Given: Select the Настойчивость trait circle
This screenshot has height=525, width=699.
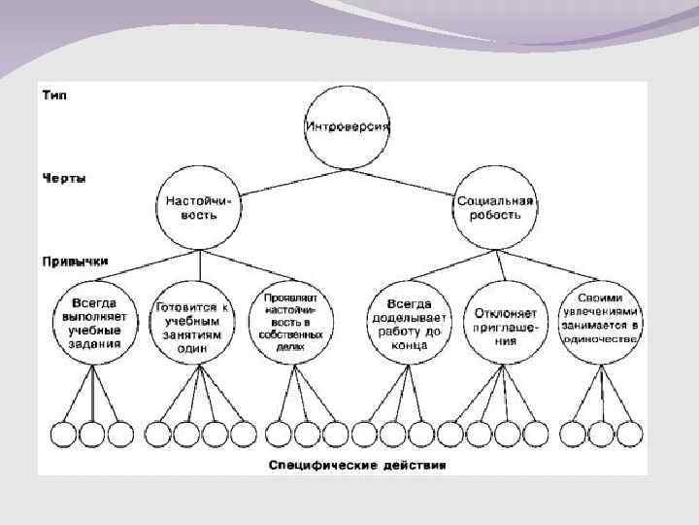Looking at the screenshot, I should pyautogui.click(x=200, y=207).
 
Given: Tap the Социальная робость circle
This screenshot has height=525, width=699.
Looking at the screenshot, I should pyautogui.click(x=494, y=207).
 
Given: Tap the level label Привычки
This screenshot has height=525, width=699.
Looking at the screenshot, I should pyautogui.click(x=74, y=261).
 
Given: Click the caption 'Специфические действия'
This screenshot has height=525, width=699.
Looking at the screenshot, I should pyautogui.click(x=357, y=465).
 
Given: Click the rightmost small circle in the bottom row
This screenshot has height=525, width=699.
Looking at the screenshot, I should pyautogui.click(x=629, y=433).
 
